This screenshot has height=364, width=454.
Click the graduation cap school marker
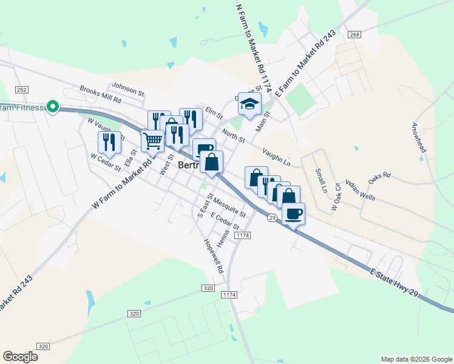tap(249, 104)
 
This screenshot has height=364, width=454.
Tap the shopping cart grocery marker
tap(152, 141)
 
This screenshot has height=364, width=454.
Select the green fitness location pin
tap(53, 108)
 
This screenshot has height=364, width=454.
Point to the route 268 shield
tap(355, 35)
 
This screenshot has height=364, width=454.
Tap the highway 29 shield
tap(273, 217)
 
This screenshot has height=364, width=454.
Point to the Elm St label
tap(214, 112)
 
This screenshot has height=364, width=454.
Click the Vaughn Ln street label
tap(276, 156)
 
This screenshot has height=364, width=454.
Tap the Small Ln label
tap(320, 180)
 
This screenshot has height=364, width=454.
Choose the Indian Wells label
tap(360, 189)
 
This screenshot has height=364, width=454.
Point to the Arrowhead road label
tap(419, 140)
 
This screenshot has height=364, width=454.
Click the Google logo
tap(21, 357)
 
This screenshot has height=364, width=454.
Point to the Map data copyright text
tap(416, 359)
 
